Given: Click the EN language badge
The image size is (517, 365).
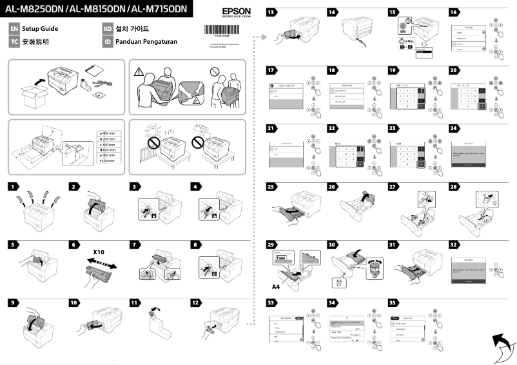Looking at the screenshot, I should click(x=14, y=30).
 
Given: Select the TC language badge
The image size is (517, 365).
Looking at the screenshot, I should click(x=14, y=42).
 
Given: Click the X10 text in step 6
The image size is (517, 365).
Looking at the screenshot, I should click(x=99, y=252).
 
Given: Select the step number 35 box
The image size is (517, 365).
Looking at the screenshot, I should click(x=393, y=302).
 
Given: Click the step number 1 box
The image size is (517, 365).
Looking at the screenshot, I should click(x=14, y=186).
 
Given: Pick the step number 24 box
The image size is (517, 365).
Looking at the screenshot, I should click(x=454, y=128).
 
